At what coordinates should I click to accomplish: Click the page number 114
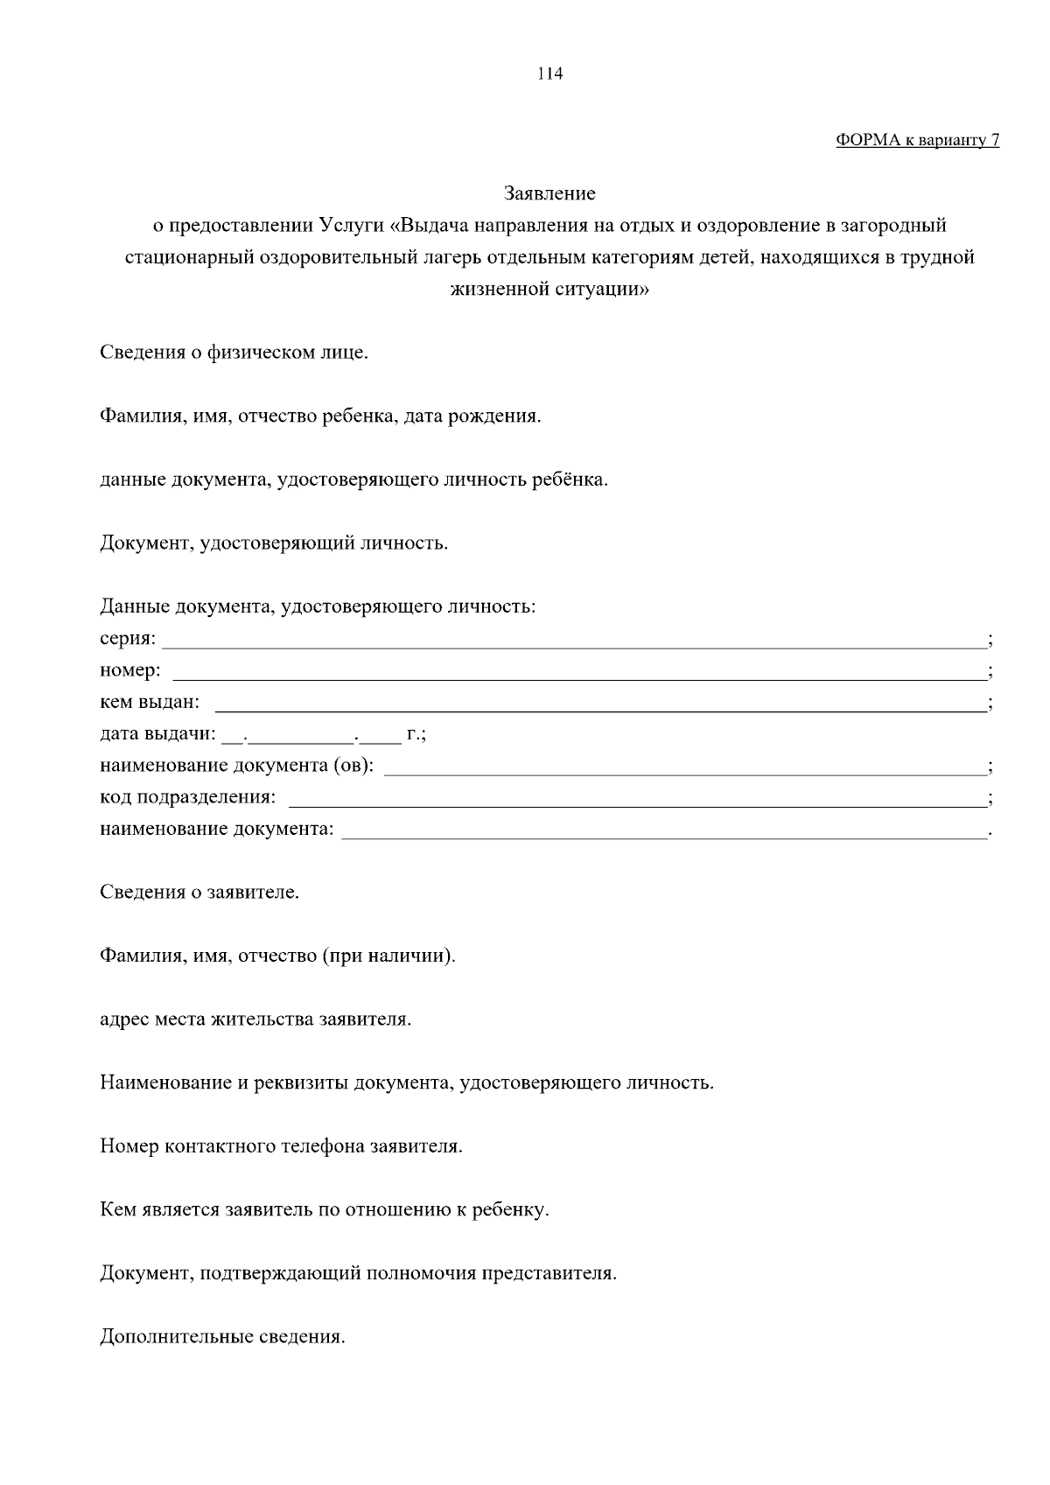[x=549, y=74]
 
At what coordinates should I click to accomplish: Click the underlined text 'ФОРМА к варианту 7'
[x=917, y=141]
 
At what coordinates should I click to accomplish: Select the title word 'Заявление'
[x=549, y=193]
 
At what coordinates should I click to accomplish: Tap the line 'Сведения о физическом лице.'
[x=234, y=354]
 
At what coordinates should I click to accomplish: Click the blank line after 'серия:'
[x=573, y=644]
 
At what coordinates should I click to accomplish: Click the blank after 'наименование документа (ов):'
[x=684, y=770]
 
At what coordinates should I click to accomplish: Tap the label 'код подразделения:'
[x=188, y=798]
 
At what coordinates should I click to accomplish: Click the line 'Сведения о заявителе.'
[x=199, y=893]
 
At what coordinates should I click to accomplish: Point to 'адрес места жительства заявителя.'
[x=255, y=1020]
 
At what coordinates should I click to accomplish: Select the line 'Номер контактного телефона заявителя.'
[x=281, y=1147]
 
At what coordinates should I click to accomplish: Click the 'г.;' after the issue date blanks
[x=416, y=735]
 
